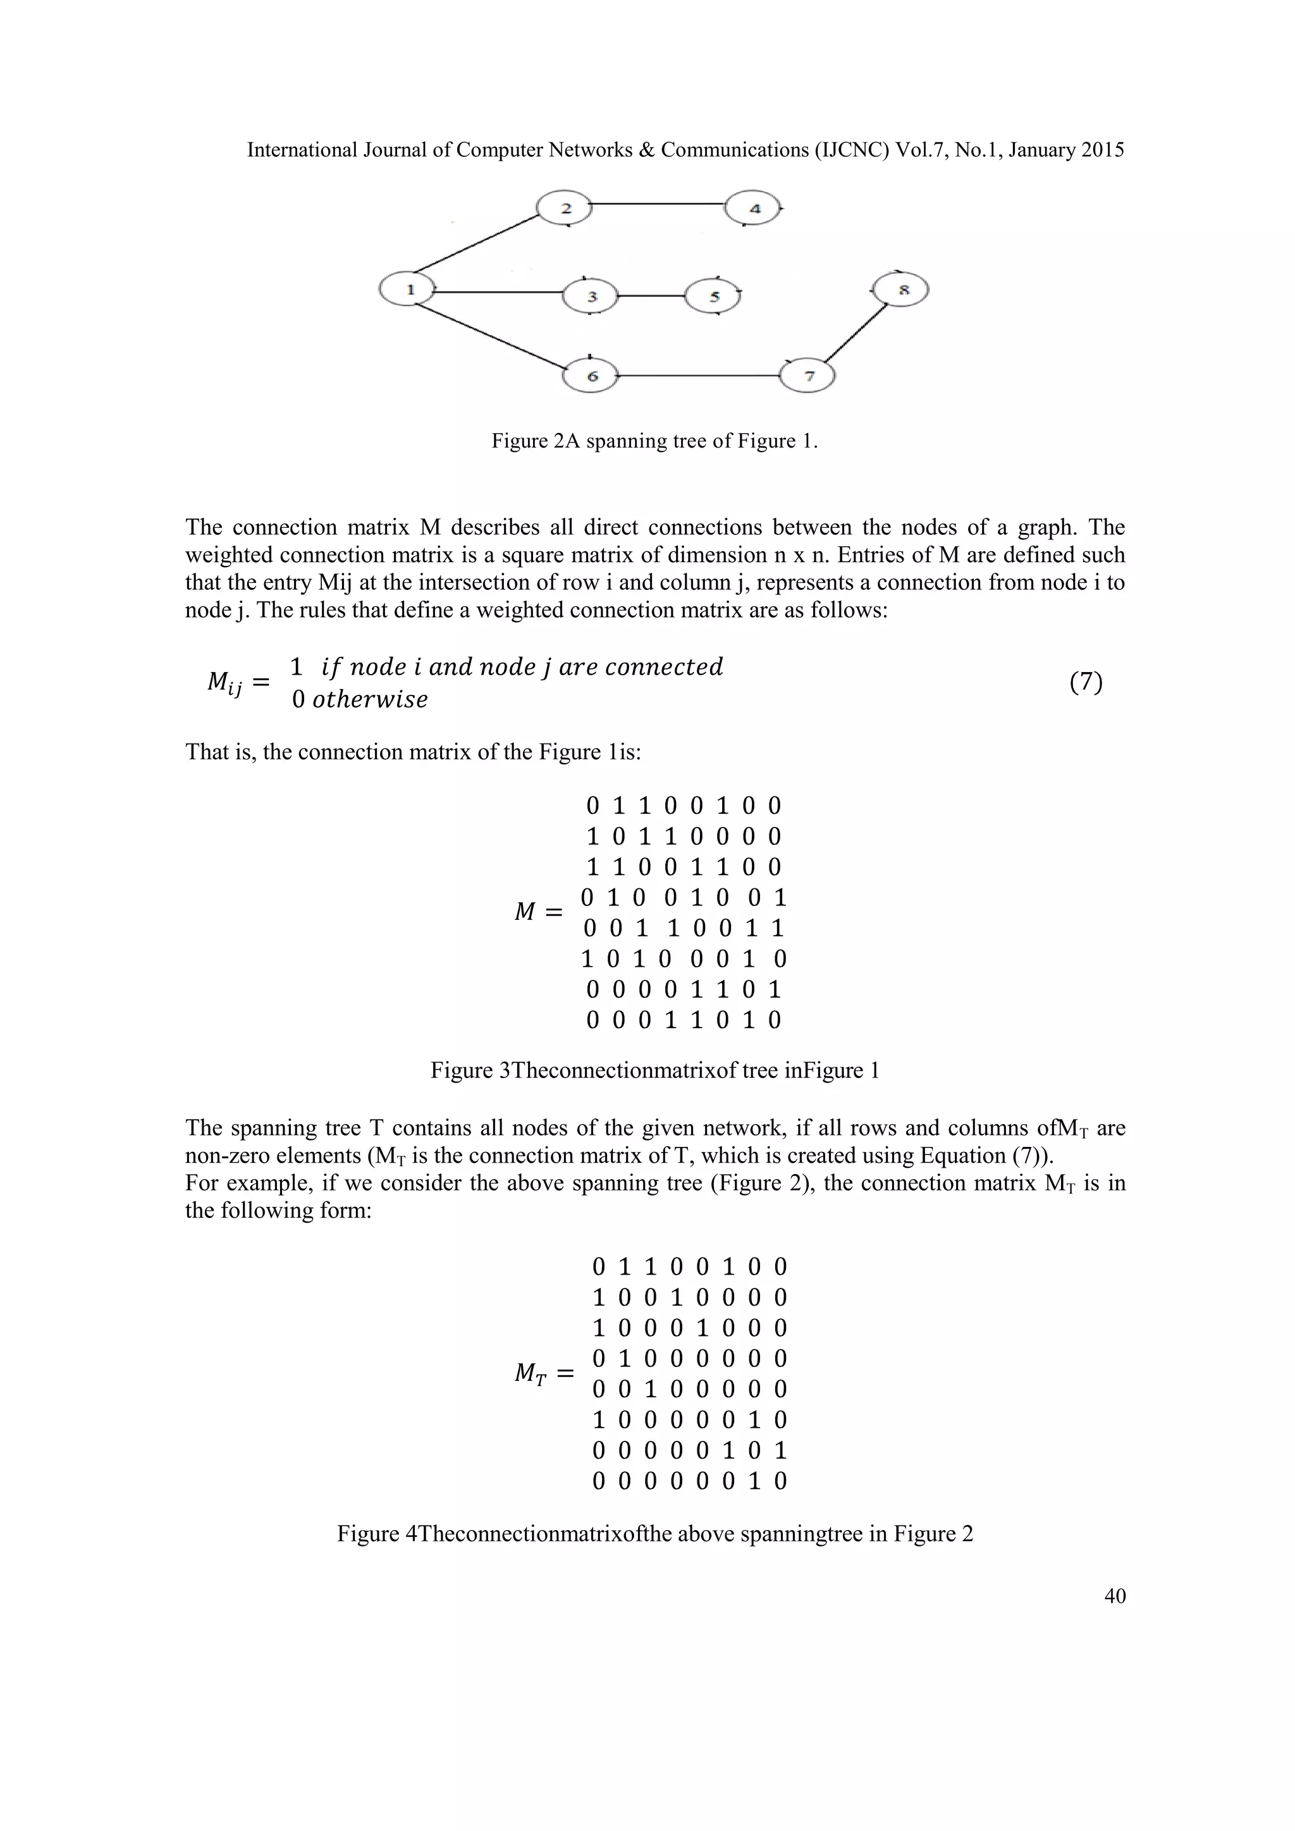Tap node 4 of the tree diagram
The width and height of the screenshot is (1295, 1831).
tap(754, 209)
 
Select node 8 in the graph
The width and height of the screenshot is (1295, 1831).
tap(901, 290)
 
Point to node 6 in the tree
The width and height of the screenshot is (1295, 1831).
tap(591, 376)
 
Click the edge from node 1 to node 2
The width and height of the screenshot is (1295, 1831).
tap(477, 242)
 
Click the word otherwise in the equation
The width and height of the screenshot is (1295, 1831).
tap(369, 700)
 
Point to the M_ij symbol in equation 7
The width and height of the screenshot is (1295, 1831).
tap(225, 683)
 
